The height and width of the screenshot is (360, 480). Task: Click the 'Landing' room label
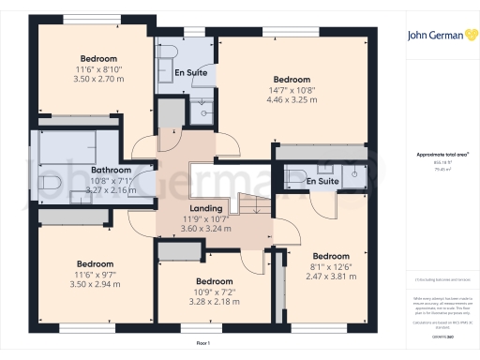pos(205,208)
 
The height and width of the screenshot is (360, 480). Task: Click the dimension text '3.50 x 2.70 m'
pos(98,82)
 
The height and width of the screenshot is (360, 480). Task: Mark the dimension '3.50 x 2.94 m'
pos(96,284)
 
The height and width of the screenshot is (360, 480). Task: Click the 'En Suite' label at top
pos(190,72)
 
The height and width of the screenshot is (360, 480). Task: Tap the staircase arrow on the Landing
pos(251,205)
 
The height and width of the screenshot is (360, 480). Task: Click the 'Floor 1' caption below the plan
pos(203,344)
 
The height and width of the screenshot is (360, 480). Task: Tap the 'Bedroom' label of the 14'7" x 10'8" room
pos(291,79)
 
